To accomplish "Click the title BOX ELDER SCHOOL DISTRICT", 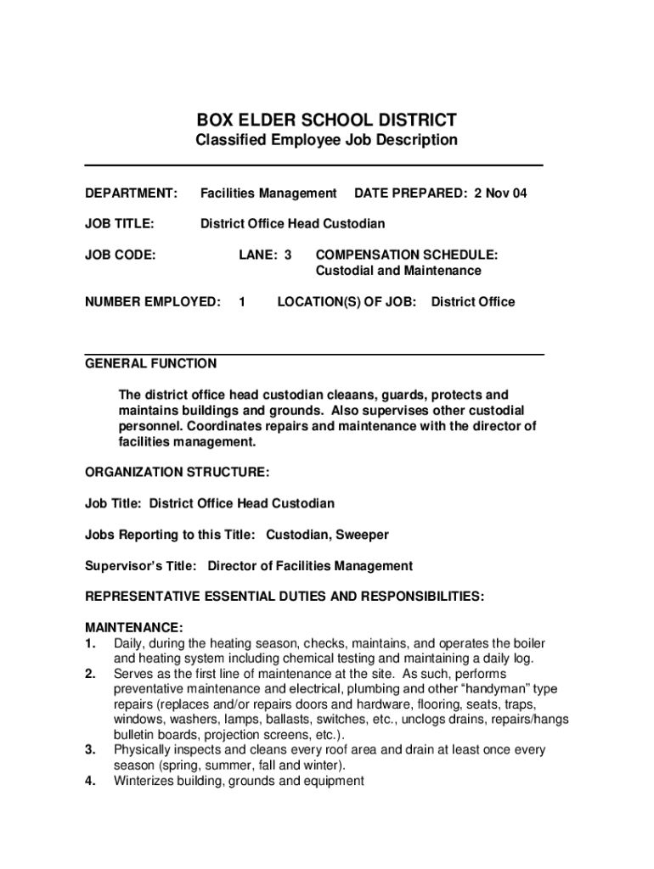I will pos(326,120).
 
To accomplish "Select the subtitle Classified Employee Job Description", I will pos(326,140).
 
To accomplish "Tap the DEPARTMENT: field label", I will pos(131,193).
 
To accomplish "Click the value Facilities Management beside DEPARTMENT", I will pos(268,193).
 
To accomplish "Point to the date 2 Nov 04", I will pos(500,193).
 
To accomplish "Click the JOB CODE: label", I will pos(120,255).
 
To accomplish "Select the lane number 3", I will pos(288,255).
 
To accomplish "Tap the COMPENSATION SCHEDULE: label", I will pos(407,255).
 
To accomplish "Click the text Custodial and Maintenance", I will pos(398,271).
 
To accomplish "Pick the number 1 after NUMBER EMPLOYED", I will pos(242,302).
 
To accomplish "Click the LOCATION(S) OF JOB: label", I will pos(347,302).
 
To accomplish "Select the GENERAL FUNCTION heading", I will pos(151,364).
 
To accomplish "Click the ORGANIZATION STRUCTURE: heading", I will pos(178,472).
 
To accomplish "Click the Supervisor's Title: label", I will pos(141,566).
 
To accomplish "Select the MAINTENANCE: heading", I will pos(133,628).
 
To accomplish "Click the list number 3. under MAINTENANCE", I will pos(90,750).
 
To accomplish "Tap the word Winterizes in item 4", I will pos(145,781).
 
